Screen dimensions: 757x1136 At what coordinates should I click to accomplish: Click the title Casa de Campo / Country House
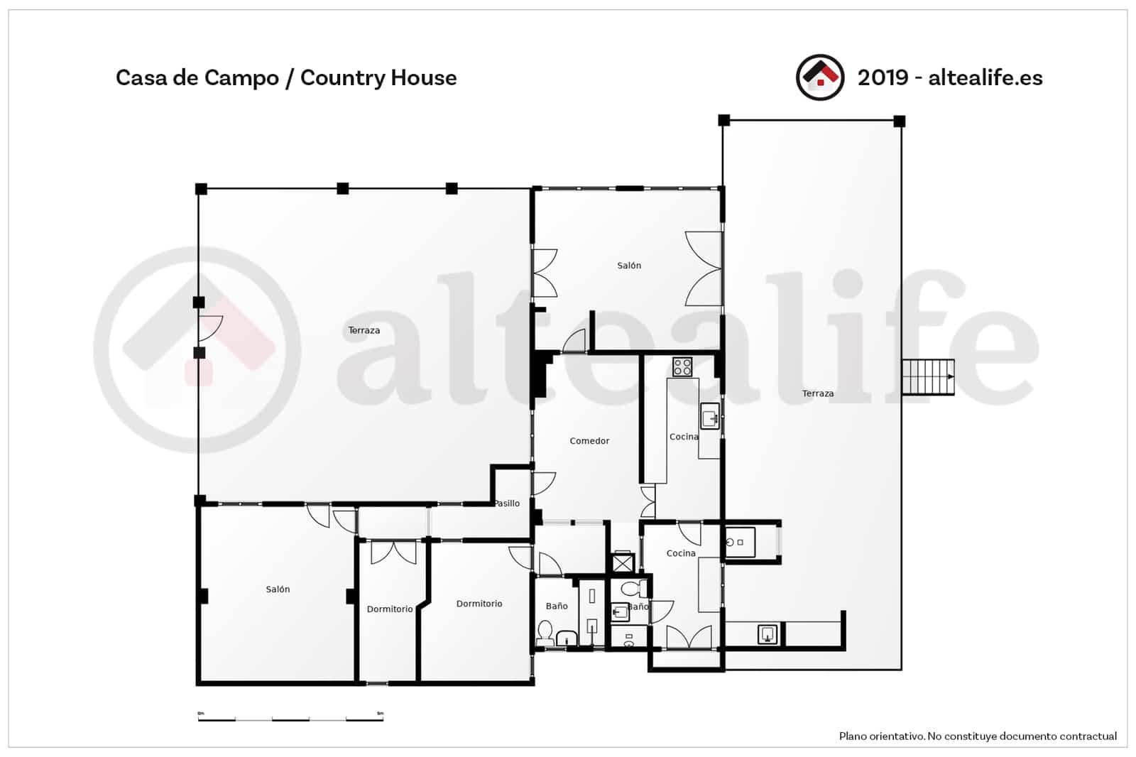click(285, 77)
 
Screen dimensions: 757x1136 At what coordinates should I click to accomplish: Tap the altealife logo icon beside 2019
click(819, 77)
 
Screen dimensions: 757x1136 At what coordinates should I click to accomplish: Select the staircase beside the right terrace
click(927, 377)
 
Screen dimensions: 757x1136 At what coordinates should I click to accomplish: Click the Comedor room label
click(589, 441)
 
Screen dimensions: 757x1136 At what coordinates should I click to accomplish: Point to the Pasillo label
click(508, 503)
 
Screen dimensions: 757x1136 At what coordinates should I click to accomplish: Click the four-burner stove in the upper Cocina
click(682, 367)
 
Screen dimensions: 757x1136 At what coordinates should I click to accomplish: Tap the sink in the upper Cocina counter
click(710, 418)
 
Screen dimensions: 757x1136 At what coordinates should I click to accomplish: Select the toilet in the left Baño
click(545, 631)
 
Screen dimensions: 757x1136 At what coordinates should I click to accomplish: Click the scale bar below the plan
click(290, 719)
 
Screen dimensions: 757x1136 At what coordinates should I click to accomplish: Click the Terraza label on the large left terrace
click(364, 330)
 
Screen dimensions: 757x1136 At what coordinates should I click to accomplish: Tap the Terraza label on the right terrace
click(817, 393)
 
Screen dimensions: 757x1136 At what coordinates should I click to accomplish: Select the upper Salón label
click(628, 266)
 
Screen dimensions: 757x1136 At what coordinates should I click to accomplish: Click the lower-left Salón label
click(278, 589)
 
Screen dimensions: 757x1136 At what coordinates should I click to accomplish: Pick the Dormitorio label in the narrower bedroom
click(389, 609)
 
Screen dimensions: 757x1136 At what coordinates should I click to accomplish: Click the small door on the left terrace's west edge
click(210, 327)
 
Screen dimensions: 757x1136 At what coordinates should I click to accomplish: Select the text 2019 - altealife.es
click(949, 77)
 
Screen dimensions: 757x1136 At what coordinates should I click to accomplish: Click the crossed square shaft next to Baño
click(622, 563)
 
